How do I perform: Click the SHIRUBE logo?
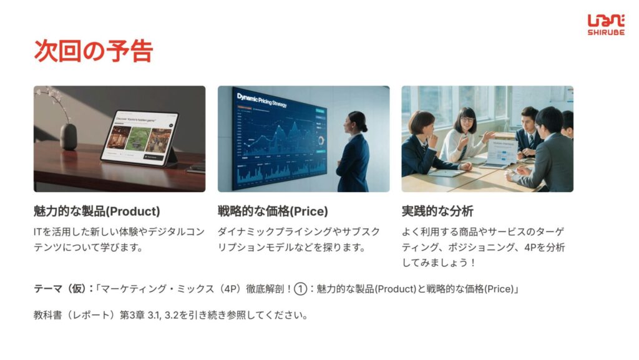[x=606, y=25]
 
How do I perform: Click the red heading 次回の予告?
[x=94, y=51]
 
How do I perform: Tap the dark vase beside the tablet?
[x=69, y=137]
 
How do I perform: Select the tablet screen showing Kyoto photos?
[x=139, y=138]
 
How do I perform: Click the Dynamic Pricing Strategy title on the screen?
[x=262, y=100]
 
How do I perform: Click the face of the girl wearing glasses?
[x=467, y=122]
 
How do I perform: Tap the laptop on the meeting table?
[x=499, y=154]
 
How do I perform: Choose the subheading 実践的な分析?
[x=437, y=212]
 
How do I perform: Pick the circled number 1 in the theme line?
[x=300, y=289]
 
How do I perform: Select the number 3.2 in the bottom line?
[x=171, y=315]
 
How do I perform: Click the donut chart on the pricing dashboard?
[x=321, y=141]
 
